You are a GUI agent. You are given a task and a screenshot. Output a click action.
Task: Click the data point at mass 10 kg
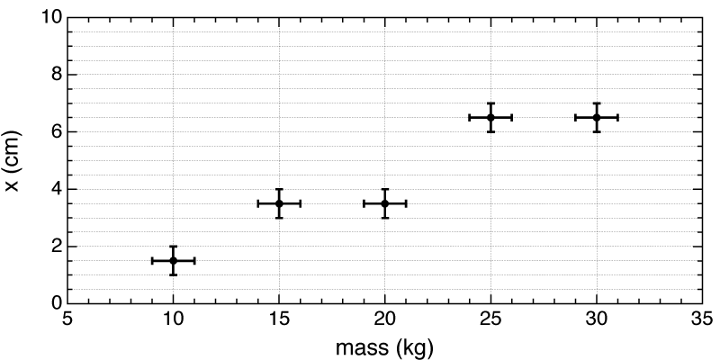[x=173, y=260]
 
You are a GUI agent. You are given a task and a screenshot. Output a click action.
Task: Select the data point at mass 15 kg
[x=279, y=203]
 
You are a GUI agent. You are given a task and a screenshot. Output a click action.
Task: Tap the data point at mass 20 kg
[x=385, y=203]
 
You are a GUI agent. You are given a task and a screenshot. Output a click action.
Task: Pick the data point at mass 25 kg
[x=490, y=117]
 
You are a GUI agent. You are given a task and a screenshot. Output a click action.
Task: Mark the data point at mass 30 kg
[x=597, y=117]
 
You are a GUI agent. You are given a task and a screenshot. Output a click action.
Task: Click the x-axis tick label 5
[x=67, y=318]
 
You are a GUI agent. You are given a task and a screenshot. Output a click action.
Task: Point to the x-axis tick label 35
[x=702, y=318]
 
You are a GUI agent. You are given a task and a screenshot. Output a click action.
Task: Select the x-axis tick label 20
[x=385, y=318]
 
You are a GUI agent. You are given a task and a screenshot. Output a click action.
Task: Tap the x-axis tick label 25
[x=490, y=318]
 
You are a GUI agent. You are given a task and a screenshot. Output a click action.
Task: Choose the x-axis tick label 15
[x=279, y=318]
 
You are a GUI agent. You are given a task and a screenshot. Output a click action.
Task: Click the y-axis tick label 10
[x=50, y=17]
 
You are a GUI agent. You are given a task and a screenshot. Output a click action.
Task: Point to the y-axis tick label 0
[x=55, y=303]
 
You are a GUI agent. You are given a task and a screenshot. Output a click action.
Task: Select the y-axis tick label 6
[x=55, y=131]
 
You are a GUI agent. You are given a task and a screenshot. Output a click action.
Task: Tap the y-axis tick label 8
[x=55, y=75]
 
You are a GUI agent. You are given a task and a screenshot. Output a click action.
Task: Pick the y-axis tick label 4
[x=55, y=189]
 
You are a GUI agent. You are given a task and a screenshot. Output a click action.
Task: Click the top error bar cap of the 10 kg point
[x=173, y=247]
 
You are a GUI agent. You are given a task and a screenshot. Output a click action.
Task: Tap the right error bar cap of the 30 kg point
[x=618, y=117]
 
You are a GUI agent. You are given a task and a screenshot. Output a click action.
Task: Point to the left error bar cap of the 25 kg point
[x=470, y=117]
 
